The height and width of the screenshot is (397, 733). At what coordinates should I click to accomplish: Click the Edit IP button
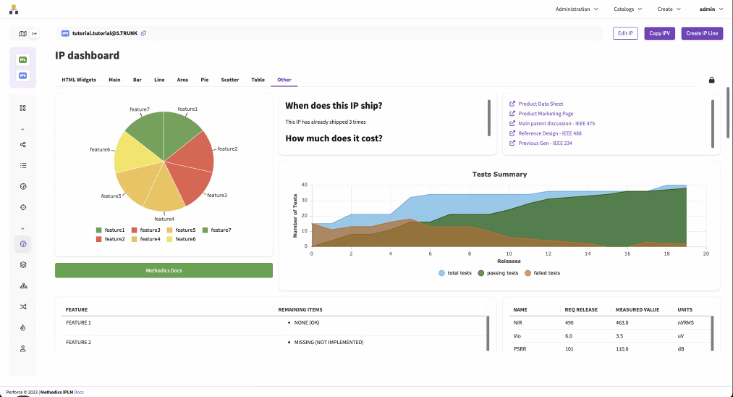(625, 33)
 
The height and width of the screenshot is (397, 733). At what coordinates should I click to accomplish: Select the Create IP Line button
(702, 33)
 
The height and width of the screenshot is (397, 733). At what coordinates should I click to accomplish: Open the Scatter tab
(230, 80)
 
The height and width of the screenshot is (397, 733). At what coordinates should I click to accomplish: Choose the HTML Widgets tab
(79, 80)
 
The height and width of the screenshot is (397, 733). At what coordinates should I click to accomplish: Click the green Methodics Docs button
(164, 270)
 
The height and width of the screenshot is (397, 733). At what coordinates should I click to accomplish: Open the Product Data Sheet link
(541, 104)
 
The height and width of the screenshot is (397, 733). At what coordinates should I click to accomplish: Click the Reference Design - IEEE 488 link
(550, 133)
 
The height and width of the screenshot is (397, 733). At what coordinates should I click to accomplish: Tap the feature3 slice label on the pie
(217, 195)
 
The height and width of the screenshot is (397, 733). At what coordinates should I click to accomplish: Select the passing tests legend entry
(502, 273)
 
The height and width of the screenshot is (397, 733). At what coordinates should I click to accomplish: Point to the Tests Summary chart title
(499, 174)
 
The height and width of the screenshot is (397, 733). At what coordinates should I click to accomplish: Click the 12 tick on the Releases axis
(548, 254)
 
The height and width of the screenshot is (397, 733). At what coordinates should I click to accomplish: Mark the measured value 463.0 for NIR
(622, 322)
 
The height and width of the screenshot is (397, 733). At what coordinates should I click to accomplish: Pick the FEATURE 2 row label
(78, 342)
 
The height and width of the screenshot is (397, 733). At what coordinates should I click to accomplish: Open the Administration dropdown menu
(577, 9)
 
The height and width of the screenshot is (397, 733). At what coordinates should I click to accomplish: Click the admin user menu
(711, 9)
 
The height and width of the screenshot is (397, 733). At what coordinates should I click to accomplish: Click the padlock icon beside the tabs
(711, 80)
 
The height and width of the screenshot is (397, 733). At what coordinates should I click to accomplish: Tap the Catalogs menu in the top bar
(627, 9)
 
